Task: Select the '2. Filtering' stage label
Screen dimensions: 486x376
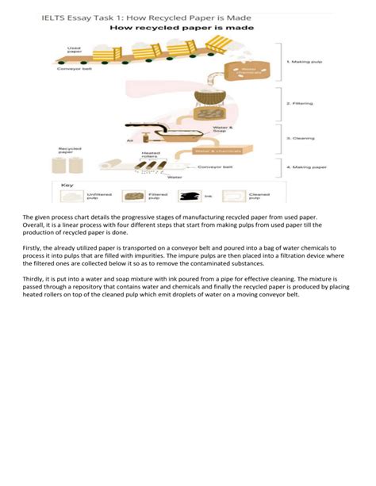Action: click(x=301, y=102)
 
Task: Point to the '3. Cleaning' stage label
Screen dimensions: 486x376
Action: click(x=301, y=136)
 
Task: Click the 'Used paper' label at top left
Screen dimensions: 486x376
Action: click(x=74, y=50)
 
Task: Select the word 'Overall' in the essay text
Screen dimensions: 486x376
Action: click(x=33, y=224)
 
